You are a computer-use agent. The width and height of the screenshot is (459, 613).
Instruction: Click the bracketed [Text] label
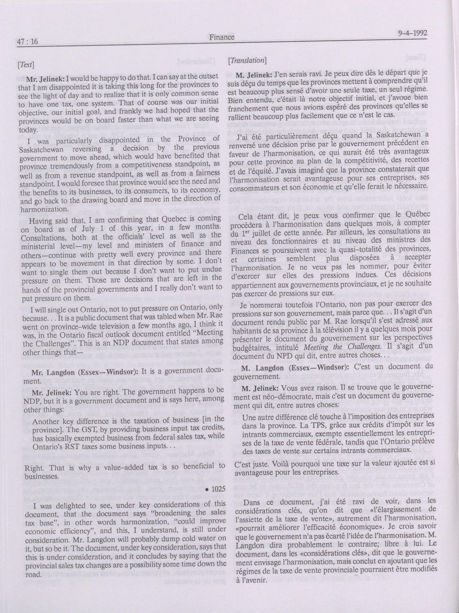(x=26, y=65)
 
